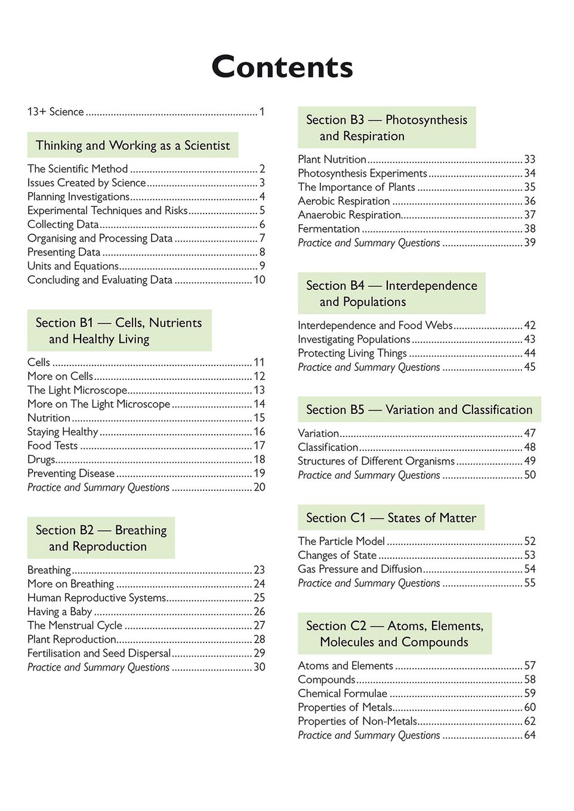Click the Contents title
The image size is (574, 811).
coord(282,67)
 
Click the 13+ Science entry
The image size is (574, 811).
coord(55,112)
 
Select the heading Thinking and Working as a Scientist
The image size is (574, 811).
coord(132,146)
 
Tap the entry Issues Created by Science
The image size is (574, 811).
coord(87,182)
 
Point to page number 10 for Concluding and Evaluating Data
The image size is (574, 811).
coord(260,280)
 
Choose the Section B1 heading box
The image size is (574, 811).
coord(119,330)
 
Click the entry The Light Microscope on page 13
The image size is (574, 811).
coord(77,390)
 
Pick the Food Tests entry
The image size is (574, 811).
coord(53,445)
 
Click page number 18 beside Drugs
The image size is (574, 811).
coord(260,459)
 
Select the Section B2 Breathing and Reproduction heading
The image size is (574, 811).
coord(101,538)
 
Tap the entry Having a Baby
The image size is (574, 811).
coord(60,611)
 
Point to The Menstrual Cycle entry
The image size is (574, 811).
coord(75,626)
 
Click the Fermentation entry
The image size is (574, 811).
coord(329,228)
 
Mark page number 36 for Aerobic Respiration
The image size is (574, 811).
coord(530,201)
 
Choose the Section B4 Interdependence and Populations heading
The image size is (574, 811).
coord(391,293)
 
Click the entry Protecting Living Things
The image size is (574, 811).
coord(352,353)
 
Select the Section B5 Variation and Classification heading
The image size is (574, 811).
coord(419,410)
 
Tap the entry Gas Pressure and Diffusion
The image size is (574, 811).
coord(360,569)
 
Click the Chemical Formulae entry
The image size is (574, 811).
coord(342,693)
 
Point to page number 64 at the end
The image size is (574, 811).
coord(530,735)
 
